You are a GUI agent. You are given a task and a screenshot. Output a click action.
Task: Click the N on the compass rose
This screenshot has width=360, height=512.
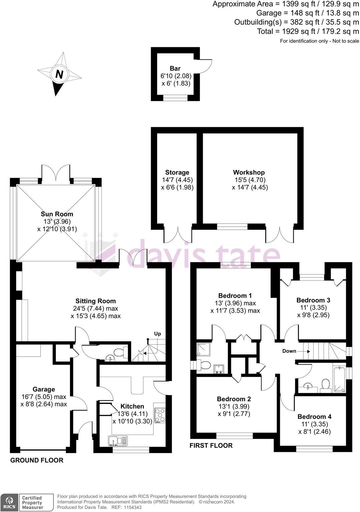59,74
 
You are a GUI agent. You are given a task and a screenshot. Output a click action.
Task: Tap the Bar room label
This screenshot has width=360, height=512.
175,69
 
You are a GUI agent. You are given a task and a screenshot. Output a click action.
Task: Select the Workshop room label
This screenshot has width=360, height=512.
249,172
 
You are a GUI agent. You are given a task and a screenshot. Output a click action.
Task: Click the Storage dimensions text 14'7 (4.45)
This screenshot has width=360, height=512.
177,180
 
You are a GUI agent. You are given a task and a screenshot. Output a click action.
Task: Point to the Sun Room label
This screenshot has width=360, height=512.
57,214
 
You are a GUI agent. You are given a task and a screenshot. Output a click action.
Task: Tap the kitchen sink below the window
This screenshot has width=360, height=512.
117,441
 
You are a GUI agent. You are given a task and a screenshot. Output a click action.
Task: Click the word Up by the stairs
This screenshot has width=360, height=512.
157,334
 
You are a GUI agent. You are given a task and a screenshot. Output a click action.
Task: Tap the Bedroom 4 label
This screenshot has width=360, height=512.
314,417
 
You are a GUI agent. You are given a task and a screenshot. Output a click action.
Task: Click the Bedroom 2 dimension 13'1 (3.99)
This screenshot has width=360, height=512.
234,406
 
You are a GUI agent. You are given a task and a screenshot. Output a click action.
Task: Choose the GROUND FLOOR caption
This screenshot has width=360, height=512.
37,460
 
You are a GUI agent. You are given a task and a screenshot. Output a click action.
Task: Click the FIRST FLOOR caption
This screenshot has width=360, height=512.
211,446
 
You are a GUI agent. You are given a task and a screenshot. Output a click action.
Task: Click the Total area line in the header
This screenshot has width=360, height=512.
308,31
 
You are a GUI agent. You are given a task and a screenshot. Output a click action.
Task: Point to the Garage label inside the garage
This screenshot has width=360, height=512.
44,389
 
